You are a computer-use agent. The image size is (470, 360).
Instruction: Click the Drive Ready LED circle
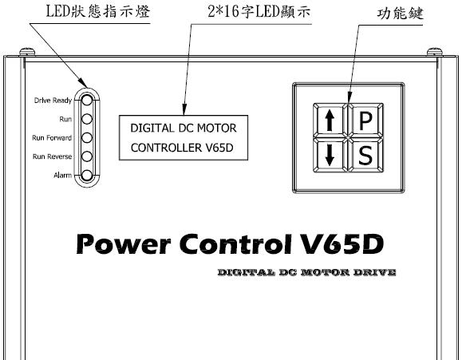click(x=87, y=100)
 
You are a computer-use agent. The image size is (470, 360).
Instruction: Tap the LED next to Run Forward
click(x=87, y=138)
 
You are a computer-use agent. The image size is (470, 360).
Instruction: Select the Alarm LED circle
click(x=87, y=176)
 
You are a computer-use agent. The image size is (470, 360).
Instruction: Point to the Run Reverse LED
click(x=87, y=156)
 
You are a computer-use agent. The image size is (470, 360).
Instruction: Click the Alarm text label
click(x=63, y=176)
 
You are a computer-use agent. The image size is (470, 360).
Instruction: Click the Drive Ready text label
click(x=53, y=101)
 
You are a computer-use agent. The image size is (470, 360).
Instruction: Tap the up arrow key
click(x=330, y=121)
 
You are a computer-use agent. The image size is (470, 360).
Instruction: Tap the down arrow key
click(x=330, y=155)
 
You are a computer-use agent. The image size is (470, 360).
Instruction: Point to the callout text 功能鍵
click(x=400, y=14)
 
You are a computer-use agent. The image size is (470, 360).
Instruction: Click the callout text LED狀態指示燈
click(x=98, y=12)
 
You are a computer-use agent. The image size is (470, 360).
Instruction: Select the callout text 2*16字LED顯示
click(x=259, y=12)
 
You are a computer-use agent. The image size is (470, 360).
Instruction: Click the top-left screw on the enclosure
click(x=27, y=52)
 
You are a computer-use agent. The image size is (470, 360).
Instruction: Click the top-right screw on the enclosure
click(x=435, y=52)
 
